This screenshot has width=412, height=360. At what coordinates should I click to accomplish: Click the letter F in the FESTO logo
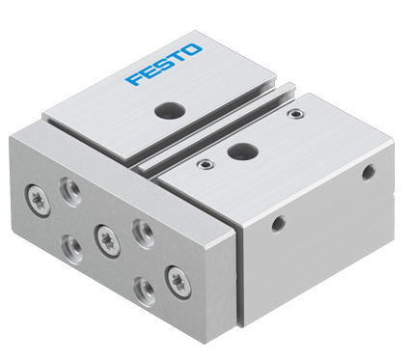coord(134,79)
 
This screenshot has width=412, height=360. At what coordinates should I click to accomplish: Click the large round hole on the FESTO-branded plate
coord(170,110)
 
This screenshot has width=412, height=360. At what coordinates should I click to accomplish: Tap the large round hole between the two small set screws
coord(243,152)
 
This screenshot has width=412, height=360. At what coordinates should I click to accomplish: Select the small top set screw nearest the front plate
coord(205,164)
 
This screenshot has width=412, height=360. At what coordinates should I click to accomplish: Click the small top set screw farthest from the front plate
coord(296,114)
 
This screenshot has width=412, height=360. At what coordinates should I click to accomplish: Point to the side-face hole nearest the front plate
coord(279,224)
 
